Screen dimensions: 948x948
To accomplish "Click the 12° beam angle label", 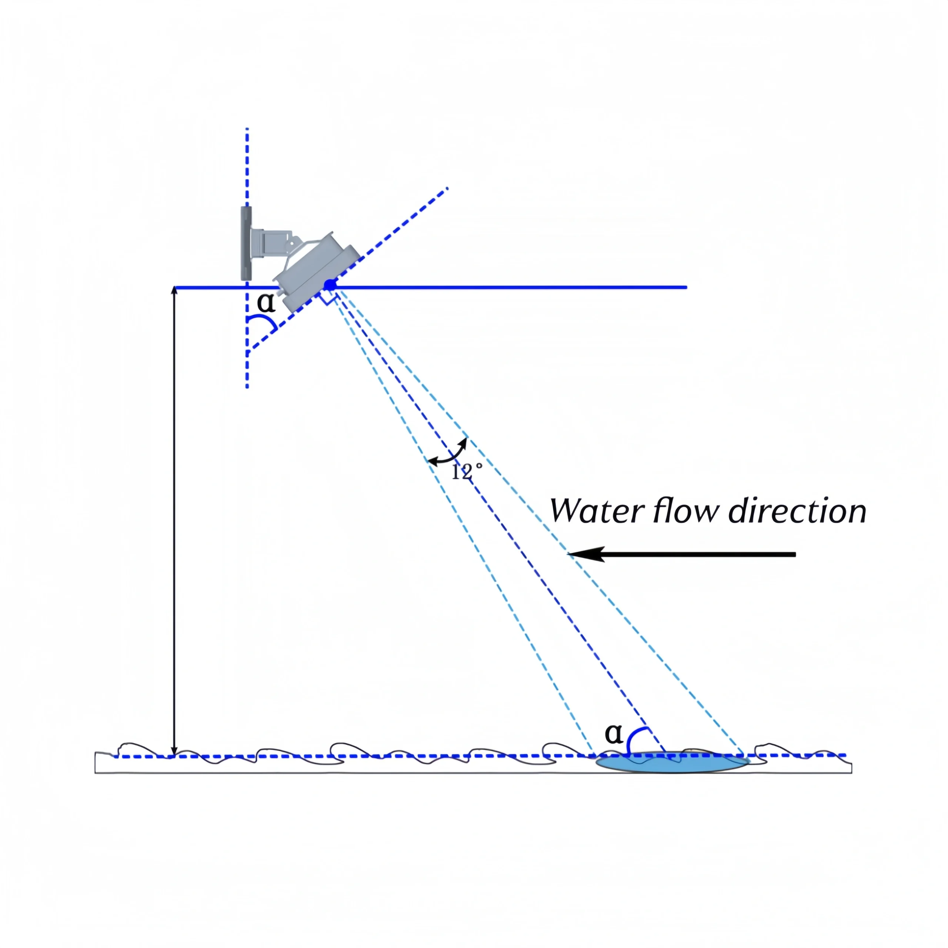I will [x=467, y=472].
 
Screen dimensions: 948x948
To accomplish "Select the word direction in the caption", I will [x=797, y=511].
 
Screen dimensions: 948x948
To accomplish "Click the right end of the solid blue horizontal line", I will [x=685, y=287].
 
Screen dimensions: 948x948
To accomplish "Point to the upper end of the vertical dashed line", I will [x=247, y=130].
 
